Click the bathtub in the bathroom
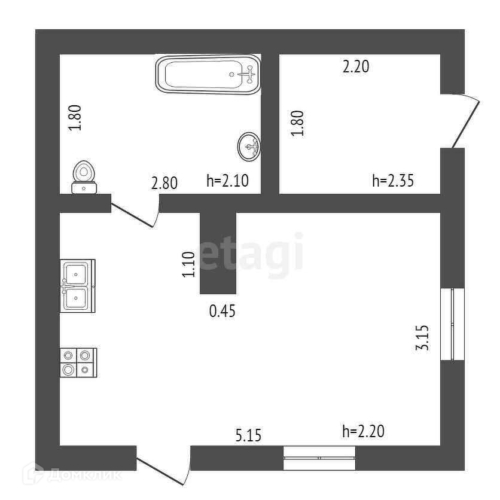tap(209, 74)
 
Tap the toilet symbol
tap(84, 178)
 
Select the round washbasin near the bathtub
tap(249, 146)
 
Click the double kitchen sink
tap(77, 285)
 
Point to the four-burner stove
tap(78, 362)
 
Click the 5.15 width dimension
tap(248, 435)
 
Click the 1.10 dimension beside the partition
tap(188, 264)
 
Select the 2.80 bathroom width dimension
tap(164, 182)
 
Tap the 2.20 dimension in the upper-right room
tap(355, 67)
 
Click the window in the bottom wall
tap(319, 458)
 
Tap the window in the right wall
tap(452, 324)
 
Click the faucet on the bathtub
tap(246, 75)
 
